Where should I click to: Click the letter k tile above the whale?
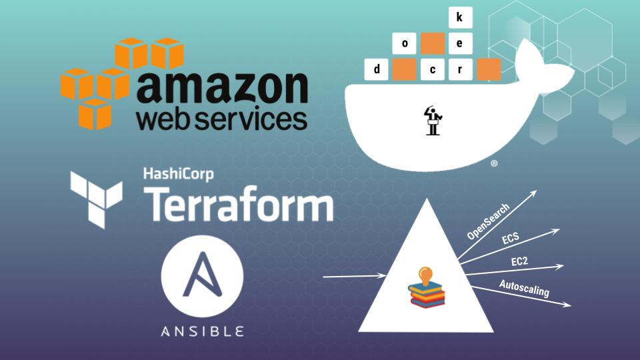(x=459, y=18)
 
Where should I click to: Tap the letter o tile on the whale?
(x=405, y=44)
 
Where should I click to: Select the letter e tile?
(x=459, y=44)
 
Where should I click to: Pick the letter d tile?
(x=377, y=69)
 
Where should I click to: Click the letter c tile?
(x=432, y=69)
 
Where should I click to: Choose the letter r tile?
(x=459, y=69)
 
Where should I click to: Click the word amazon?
(x=222, y=89)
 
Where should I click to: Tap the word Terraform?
(x=239, y=204)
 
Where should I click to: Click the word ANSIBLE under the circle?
(x=203, y=331)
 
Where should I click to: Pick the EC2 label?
(x=519, y=262)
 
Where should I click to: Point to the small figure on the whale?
(x=433, y=120)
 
